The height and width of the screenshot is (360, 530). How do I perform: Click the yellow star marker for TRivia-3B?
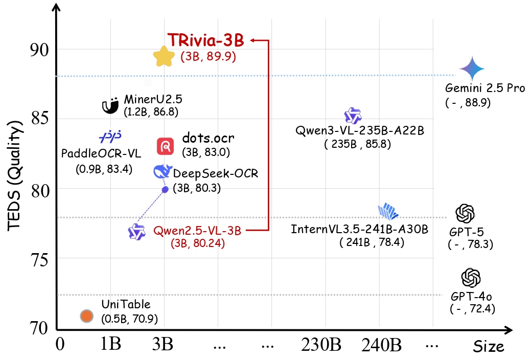point(164,56)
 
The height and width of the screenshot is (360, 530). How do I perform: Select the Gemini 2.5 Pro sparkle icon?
point(471,68)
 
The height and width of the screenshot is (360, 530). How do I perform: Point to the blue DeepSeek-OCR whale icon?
point(163,172)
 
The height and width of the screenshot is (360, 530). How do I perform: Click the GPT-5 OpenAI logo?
point(465,213)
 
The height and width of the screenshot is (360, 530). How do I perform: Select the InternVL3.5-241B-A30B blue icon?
point(388,211)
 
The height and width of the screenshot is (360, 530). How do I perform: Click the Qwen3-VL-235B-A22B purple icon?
point(353,116)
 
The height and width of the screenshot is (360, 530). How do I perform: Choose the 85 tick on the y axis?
point(39,119)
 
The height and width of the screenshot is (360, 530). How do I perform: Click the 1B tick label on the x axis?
point(110,345)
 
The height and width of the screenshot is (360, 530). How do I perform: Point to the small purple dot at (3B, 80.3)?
point(165,189)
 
